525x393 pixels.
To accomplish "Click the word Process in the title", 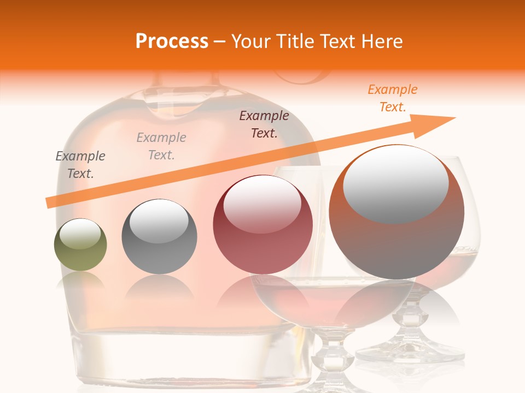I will click(172, 41).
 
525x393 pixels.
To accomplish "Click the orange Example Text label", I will click(393, 98).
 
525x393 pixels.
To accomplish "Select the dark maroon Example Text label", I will click(264, 124).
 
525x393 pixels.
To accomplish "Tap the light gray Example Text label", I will click(161, 146).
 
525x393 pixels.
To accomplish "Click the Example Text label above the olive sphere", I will click(80, 165).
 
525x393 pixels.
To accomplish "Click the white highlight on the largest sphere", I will click(395, 183).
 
